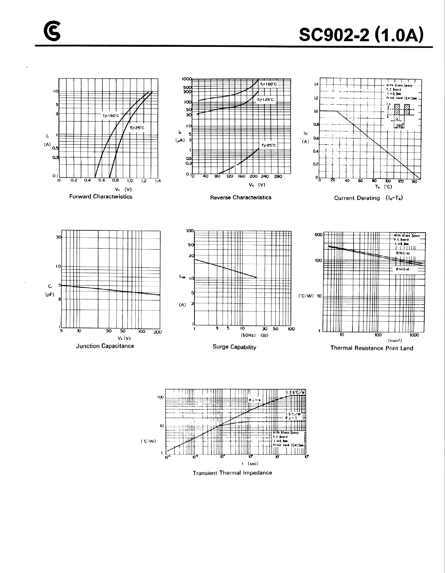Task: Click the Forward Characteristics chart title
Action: pos(101,197)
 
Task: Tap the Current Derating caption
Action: pos(368,198)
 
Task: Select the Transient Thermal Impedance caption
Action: pos(232,473)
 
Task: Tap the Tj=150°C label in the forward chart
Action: pos(111,116)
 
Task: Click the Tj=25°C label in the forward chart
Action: pos(137,128)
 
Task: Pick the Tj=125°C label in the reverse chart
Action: pos(265,100)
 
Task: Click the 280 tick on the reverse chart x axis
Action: pos(278,176)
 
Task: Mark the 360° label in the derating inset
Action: pos(399,125)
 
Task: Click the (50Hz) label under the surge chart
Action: pos(248,335)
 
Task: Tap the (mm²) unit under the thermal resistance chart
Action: pos(395,341)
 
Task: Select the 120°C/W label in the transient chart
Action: pos(295,393)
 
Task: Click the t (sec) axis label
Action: pos(250,464)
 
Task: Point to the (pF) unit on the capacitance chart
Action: pos(50,294)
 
